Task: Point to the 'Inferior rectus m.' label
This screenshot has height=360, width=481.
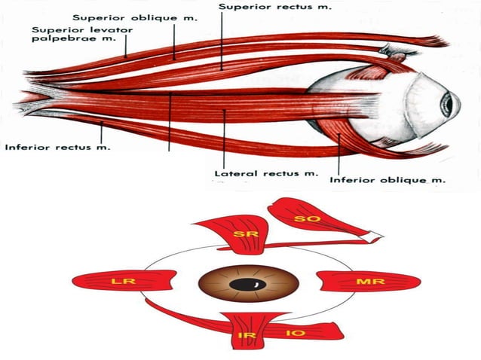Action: coord(57,147)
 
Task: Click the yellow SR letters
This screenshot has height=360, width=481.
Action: coord(242,235)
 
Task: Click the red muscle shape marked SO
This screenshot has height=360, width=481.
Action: coord(317,218)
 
